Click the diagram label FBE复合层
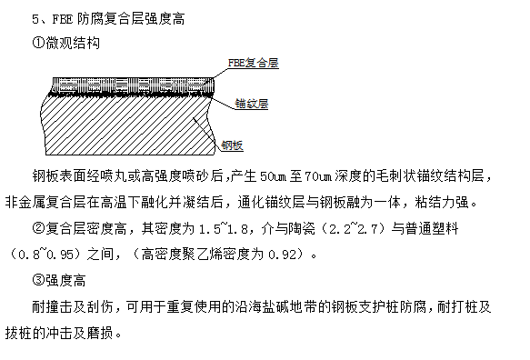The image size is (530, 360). click(253, 63)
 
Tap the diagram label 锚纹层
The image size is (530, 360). click(252, 104)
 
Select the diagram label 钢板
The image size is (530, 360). click(232, 145)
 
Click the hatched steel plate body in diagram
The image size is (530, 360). click(126, 125)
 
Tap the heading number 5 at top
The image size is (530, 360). click(35, 19)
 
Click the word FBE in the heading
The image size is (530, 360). click(63, 19)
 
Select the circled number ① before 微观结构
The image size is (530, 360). click(38, 44)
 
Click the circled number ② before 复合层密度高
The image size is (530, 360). click(38, 228)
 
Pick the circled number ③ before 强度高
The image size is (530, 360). click(38, 280)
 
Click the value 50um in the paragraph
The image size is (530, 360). click(273, 176)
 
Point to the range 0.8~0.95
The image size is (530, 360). click(46, 255)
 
